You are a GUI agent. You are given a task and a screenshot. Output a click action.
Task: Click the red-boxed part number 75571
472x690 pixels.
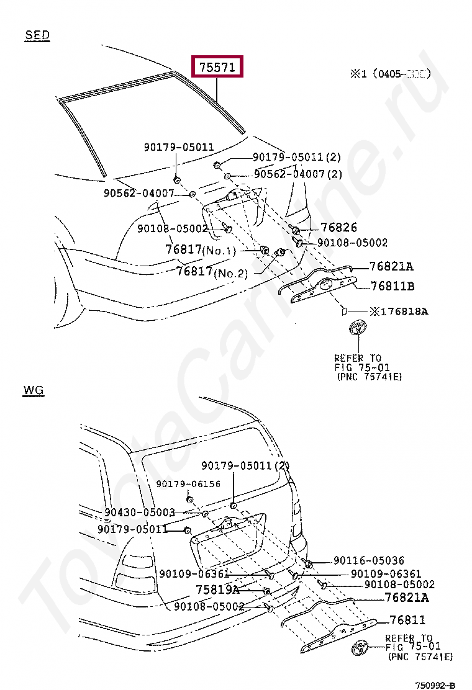point(217,67)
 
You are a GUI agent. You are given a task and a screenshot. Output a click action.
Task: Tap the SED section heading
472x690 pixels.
point(37,35)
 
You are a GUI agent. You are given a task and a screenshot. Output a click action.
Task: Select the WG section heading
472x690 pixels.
point(34,390)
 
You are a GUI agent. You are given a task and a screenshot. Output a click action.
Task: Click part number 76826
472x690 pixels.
point(338,228)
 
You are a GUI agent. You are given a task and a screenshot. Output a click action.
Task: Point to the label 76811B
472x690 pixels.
point(393,286)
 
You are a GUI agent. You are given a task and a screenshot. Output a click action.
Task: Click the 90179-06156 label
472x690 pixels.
point(188,484)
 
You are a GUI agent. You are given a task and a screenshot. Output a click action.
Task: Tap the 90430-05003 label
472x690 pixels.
point(140,513)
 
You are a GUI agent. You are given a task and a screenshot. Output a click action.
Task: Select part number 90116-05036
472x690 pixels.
point(369,560)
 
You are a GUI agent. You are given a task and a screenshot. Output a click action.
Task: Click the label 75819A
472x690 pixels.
point(218,589)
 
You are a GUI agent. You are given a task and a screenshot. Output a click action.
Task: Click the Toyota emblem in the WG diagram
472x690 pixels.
point(361,650)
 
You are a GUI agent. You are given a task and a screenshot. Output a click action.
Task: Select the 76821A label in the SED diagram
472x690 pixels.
point(391,267)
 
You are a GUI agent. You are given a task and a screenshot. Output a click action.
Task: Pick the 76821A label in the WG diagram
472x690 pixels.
point(407,598)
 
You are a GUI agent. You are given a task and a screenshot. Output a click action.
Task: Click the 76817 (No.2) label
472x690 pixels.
point(212,272)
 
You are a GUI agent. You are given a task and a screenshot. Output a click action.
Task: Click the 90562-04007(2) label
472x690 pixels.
point(298,174)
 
